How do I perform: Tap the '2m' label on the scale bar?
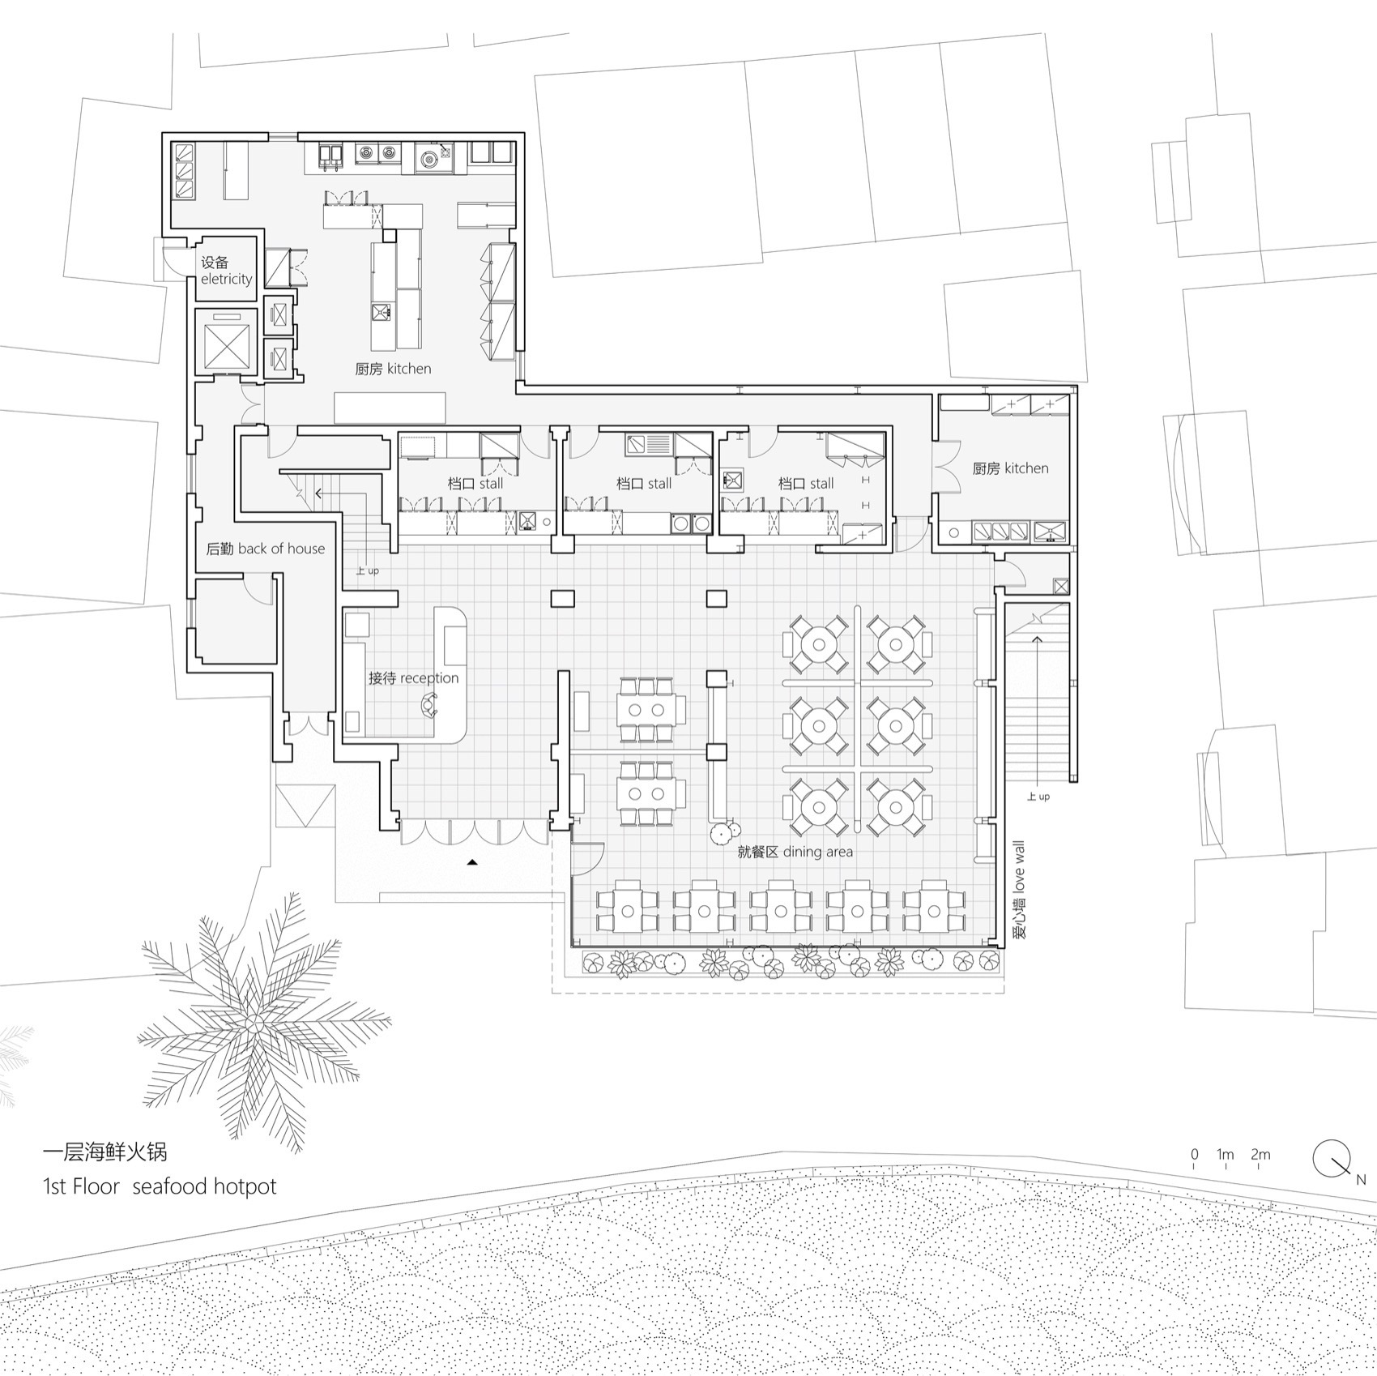point(1260,1155)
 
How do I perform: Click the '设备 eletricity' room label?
point(226,271)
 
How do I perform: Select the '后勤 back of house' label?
point(265,549)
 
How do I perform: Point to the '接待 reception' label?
point(413,677)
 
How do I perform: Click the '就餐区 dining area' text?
point(795,852)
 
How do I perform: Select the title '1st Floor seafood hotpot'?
point(160,1186)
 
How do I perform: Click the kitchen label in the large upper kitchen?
point(393,369)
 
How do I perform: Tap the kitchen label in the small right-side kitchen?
point(1010,468)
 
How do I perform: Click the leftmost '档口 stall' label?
point(475,484)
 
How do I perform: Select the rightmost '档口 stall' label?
point(806,484)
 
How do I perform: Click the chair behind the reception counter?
point(428,707)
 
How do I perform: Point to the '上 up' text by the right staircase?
point(1038,797)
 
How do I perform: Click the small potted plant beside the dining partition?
point(723,831)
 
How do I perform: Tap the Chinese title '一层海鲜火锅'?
point(104,1151)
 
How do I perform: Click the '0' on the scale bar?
point(1195,1155)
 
